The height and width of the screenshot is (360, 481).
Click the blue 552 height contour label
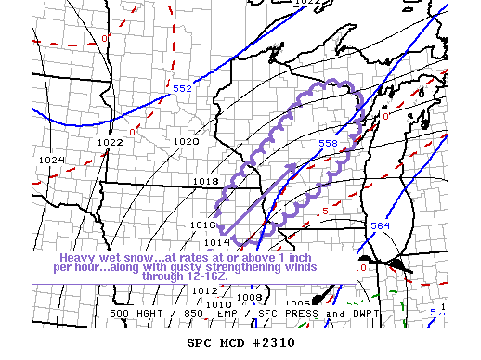tap(182, 88)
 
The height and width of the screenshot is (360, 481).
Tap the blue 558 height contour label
tap(328, 144)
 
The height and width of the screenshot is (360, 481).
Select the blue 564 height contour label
tap(380, 225)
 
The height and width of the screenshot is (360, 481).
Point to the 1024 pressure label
tap(51, 160)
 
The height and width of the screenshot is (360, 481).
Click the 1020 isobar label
tap(186, 142)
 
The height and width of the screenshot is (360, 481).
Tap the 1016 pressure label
tap(202, 225)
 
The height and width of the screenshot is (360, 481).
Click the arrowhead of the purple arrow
tap(298, 167)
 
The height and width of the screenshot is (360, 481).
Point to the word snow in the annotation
tap(136, 257)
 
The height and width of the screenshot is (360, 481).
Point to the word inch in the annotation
tap(345, 257)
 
